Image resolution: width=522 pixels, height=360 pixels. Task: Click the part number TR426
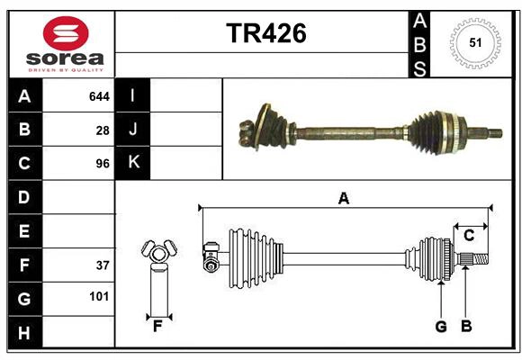[265, 33]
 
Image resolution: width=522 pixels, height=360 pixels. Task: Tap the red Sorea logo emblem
[66, 35]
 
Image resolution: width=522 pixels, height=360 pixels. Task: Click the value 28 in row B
[103, 130]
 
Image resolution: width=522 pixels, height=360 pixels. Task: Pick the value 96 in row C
[103, 164]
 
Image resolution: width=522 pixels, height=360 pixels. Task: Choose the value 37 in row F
[103, 265]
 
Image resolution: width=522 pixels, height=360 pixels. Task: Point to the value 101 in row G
[99, 296]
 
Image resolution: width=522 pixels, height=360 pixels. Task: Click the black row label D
[24, 197]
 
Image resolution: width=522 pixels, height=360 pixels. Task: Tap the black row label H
[24, 332]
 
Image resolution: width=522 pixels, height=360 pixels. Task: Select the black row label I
[133, 95]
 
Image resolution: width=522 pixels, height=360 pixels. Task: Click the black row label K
[133, 163]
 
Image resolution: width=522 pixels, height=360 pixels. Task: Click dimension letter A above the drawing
[343, 198]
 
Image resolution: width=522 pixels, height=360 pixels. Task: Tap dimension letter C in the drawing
[469, 236]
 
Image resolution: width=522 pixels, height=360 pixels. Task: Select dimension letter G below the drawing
[441, 326]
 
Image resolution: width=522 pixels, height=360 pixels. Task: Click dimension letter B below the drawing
[466, 326]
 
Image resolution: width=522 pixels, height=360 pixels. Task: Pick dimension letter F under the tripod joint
[157, 326]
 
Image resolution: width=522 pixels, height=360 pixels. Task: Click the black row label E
[24, 231]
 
